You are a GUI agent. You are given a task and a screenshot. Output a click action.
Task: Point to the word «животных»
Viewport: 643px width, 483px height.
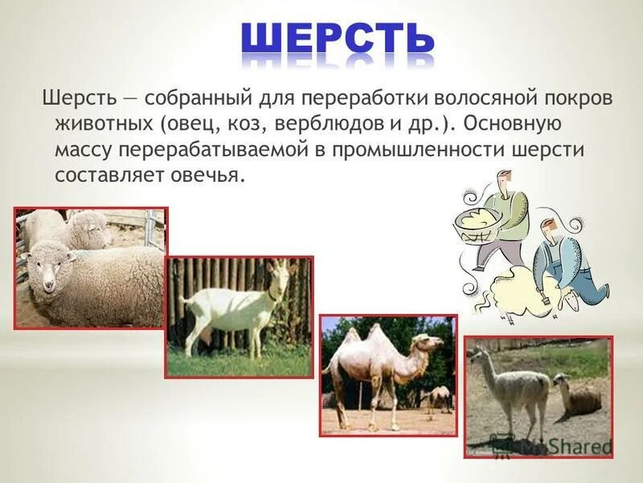pos(103,125)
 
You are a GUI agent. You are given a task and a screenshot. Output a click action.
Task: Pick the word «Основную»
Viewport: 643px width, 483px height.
pos(516,125)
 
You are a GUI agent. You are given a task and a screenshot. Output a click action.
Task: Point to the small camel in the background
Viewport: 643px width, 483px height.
pos(440,396)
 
